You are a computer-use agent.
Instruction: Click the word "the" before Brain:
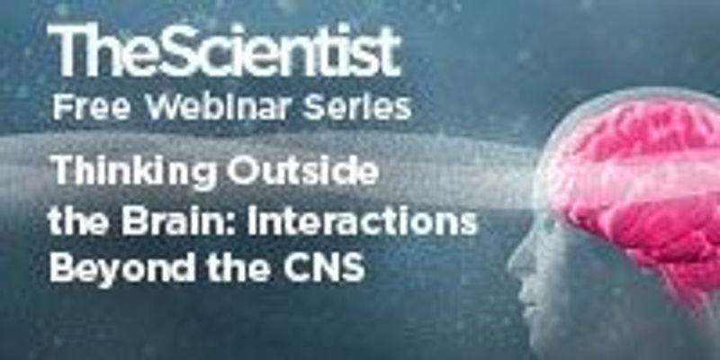pos(73,222)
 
